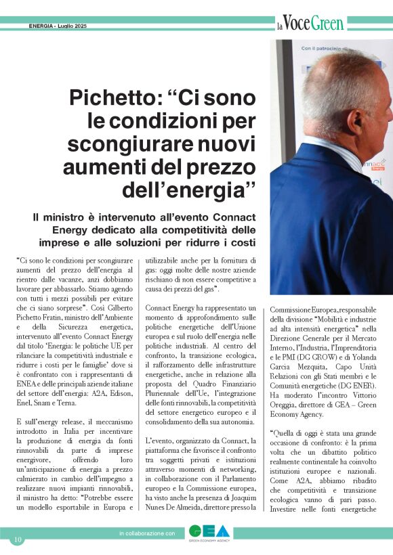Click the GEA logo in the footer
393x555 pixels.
tap(205, 533)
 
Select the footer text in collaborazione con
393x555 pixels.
tap(147, 534)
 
